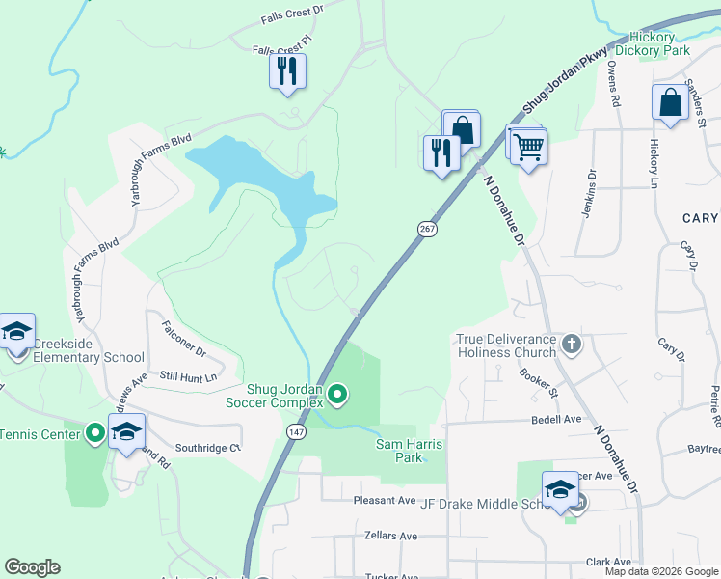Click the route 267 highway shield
pos(428,229)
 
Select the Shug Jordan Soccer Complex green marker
pos(337,394)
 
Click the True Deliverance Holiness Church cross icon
pos(572,344)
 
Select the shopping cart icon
pos(527,148)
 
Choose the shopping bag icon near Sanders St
pos(670,103)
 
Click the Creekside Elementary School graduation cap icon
pos(16,332)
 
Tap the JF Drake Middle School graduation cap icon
pos(559,489)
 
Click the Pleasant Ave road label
pos(385,500)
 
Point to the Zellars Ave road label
pos(390,535)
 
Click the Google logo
pos(33,567)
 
